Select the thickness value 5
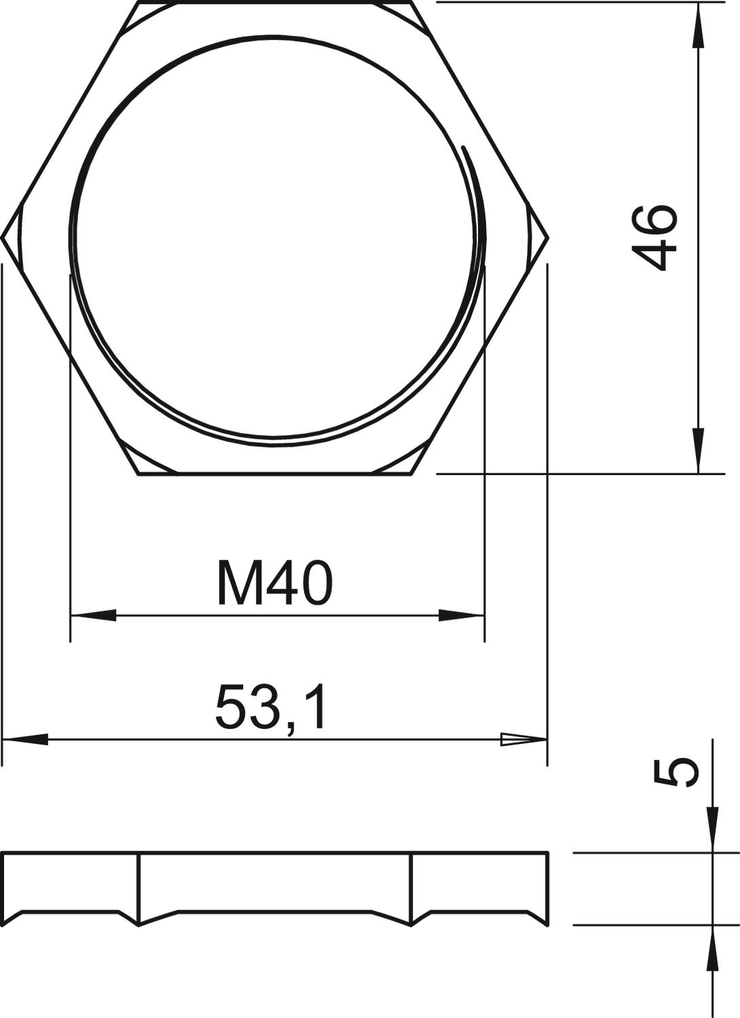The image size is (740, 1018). [x=676, y=774]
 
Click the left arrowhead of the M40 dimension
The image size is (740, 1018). [x=93, y=616]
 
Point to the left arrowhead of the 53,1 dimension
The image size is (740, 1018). [x=25, y=740]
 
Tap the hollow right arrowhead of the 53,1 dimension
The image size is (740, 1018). [x=523, y=740]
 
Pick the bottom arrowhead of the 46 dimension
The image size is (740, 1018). [x=698, y=451]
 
